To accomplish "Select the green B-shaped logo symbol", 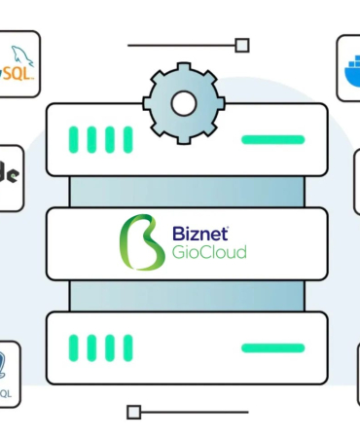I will pos(141,242).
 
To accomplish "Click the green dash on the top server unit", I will pos(272,139).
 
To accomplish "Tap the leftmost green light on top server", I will pos(74,139).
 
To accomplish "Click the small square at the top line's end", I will pos(242,45).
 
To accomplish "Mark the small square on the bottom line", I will pos(134,412).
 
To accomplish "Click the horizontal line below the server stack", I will pos(195,412).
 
